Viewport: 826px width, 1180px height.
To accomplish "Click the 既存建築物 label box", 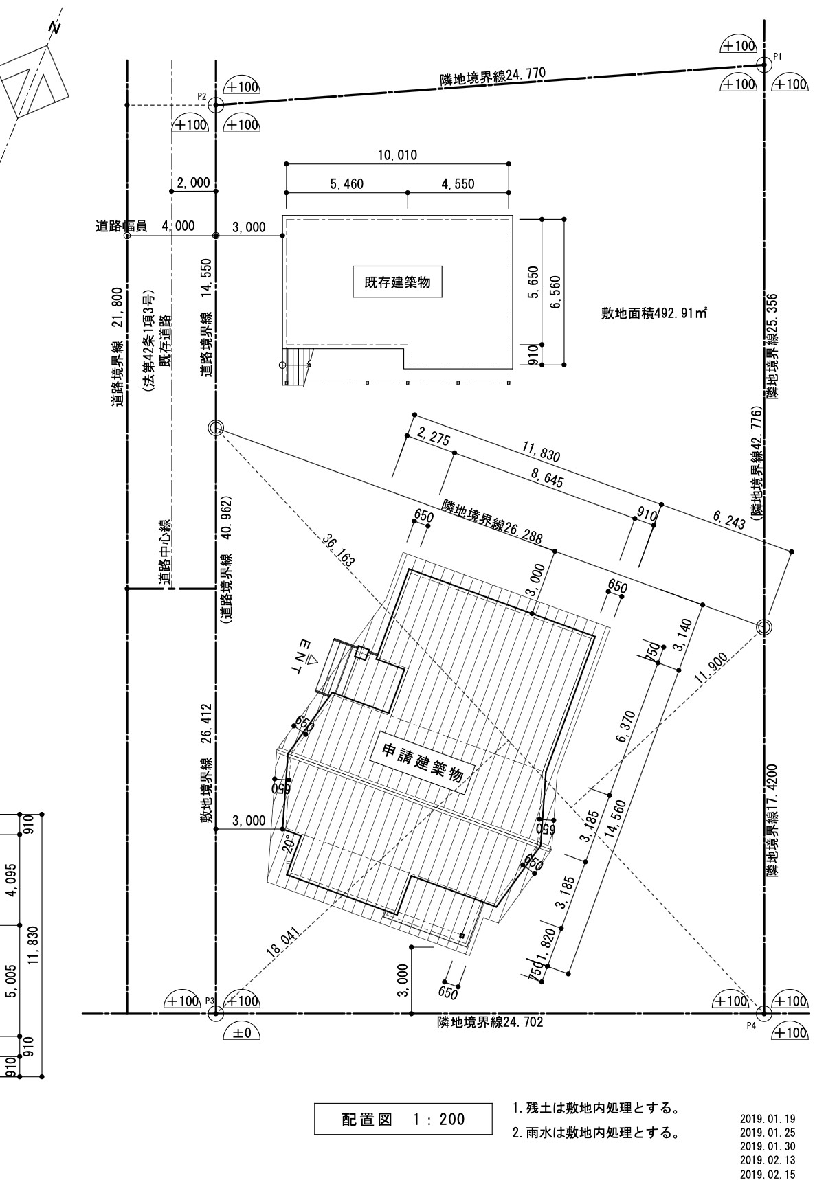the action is point(397,282).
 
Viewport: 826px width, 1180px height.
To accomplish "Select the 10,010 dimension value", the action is point(397,155).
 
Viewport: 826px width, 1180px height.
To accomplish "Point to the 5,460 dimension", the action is point(346,183).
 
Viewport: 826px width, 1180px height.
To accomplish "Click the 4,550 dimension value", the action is point(457,183).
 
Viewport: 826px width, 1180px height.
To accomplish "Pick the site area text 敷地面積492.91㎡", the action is point(654,314).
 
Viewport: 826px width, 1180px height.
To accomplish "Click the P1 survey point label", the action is point(778,56).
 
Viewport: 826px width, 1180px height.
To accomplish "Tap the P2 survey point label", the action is point(202,96).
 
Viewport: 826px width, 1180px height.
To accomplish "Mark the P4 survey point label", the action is point(751,1026).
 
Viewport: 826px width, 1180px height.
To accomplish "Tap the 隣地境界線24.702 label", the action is point(490,1022).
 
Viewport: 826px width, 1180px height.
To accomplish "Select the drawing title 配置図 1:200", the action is point(403,1120).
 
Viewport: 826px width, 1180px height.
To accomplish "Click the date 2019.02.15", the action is point(768,1174).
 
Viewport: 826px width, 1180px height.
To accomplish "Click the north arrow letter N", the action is point(56,27).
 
